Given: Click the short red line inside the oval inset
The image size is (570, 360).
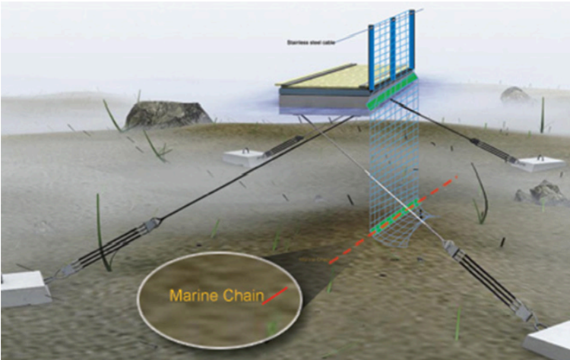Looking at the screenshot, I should pos(275,295).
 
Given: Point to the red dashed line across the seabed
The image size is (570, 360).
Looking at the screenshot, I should pos(395,220).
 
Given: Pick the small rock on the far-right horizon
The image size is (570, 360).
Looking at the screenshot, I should pos(515,94).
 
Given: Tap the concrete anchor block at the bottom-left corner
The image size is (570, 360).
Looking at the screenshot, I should pos(23,288).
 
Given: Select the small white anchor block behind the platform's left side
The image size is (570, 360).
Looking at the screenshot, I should pos(244,157).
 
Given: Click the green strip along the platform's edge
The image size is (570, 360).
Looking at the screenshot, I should pos(392,91).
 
